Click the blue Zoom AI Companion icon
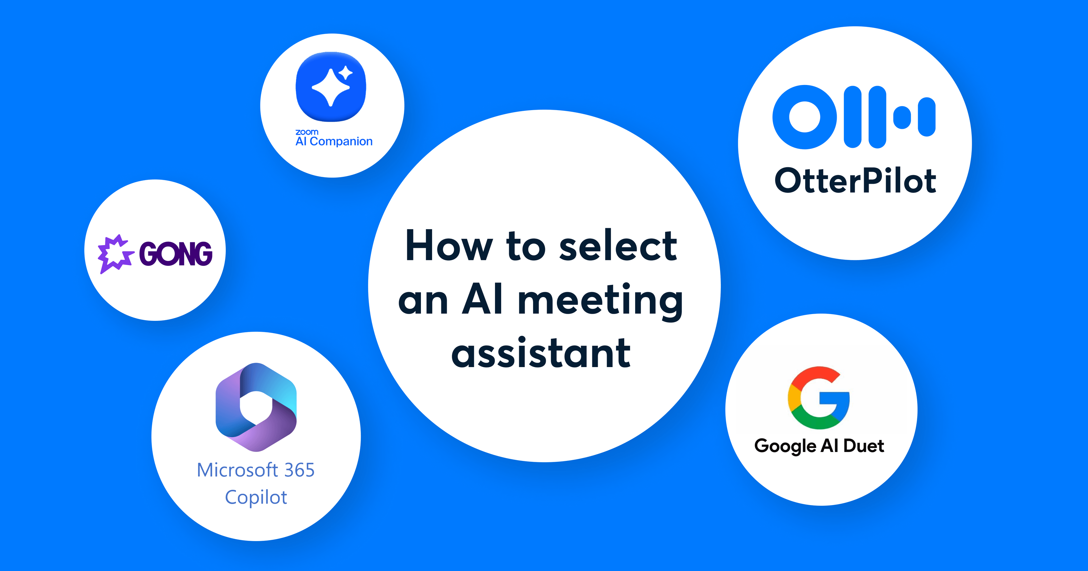[x=331, y=87]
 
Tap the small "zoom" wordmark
[x=307, y=132]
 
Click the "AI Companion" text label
[x=334, y=141]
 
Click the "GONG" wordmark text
[x=176, y=254]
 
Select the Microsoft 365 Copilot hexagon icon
[x=256, y=407]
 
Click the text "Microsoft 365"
[x=256, y=470]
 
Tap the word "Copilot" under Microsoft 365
[x=256, y=497]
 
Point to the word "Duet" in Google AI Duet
[x=864, y=446]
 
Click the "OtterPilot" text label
[x=855, y=181]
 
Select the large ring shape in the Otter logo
[x=804, y=117]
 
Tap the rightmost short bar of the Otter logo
[x=927, y=117]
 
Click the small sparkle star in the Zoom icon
[x=345, y=73]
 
